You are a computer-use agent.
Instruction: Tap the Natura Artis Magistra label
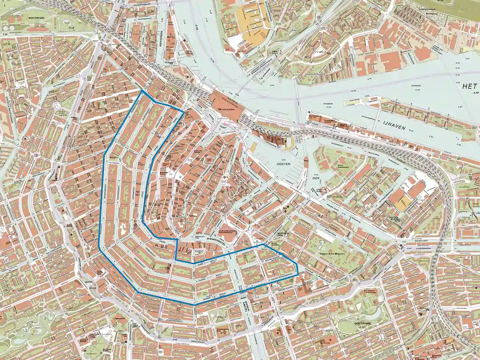coord(332,253)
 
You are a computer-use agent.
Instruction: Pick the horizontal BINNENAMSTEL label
coord(212,237)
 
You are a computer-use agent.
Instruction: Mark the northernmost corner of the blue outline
coord(142,91)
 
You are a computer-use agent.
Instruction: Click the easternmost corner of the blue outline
coord(298,275)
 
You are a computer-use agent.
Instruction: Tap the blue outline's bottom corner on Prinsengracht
coord(194,305)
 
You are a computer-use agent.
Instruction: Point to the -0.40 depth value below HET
coord(474,93)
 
